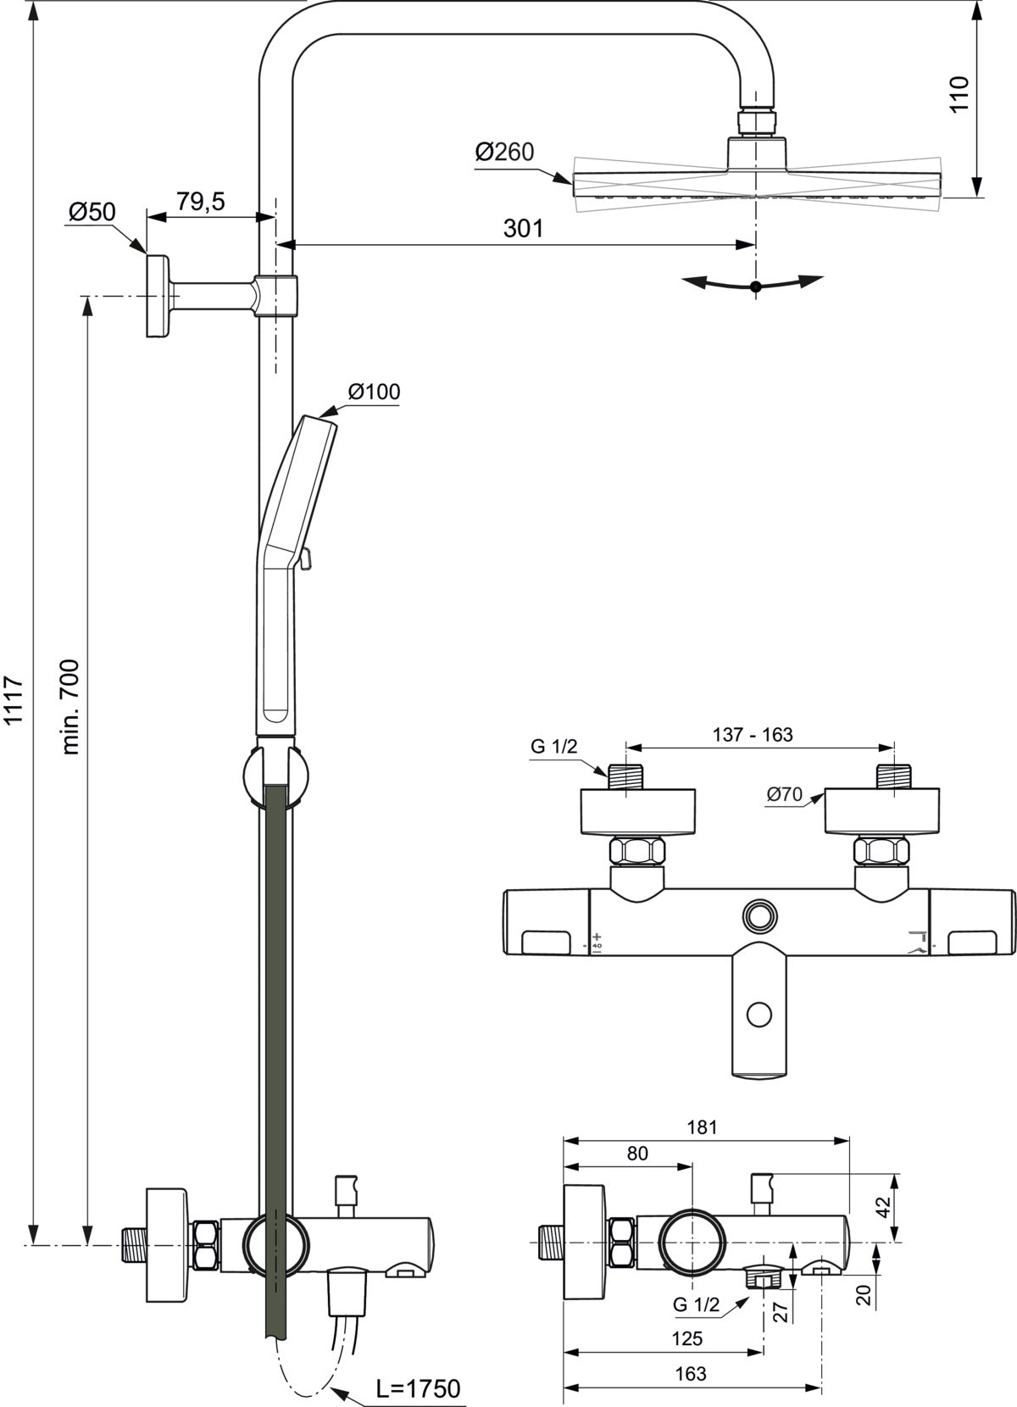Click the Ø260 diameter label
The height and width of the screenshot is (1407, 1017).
[x=503, y=152]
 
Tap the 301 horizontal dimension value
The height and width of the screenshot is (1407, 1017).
[x=523, y=228]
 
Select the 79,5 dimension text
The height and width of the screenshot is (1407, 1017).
[x=200, y=202]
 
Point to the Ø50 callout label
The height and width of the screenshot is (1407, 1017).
[x=92, y=212]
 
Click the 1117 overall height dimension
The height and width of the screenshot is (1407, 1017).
[x=14, y=700]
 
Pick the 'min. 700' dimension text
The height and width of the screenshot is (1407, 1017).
[x=70, y=707]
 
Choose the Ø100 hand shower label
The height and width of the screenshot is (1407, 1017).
[x=374, y=392]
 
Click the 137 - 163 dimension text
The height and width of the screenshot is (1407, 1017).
[x=753, y=734]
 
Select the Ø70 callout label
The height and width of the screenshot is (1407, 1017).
[x=785, y=794]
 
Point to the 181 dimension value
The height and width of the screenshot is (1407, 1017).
[x=702, y=1127]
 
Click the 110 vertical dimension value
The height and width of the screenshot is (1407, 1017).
[x=960, y=93]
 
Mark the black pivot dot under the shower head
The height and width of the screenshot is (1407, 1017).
[x=756, y=286]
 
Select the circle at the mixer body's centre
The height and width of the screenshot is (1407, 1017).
[x=759, y=918]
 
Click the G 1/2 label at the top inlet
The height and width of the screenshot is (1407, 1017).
[x=553, y=746]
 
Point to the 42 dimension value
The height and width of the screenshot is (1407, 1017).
[x=884, y=1207]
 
